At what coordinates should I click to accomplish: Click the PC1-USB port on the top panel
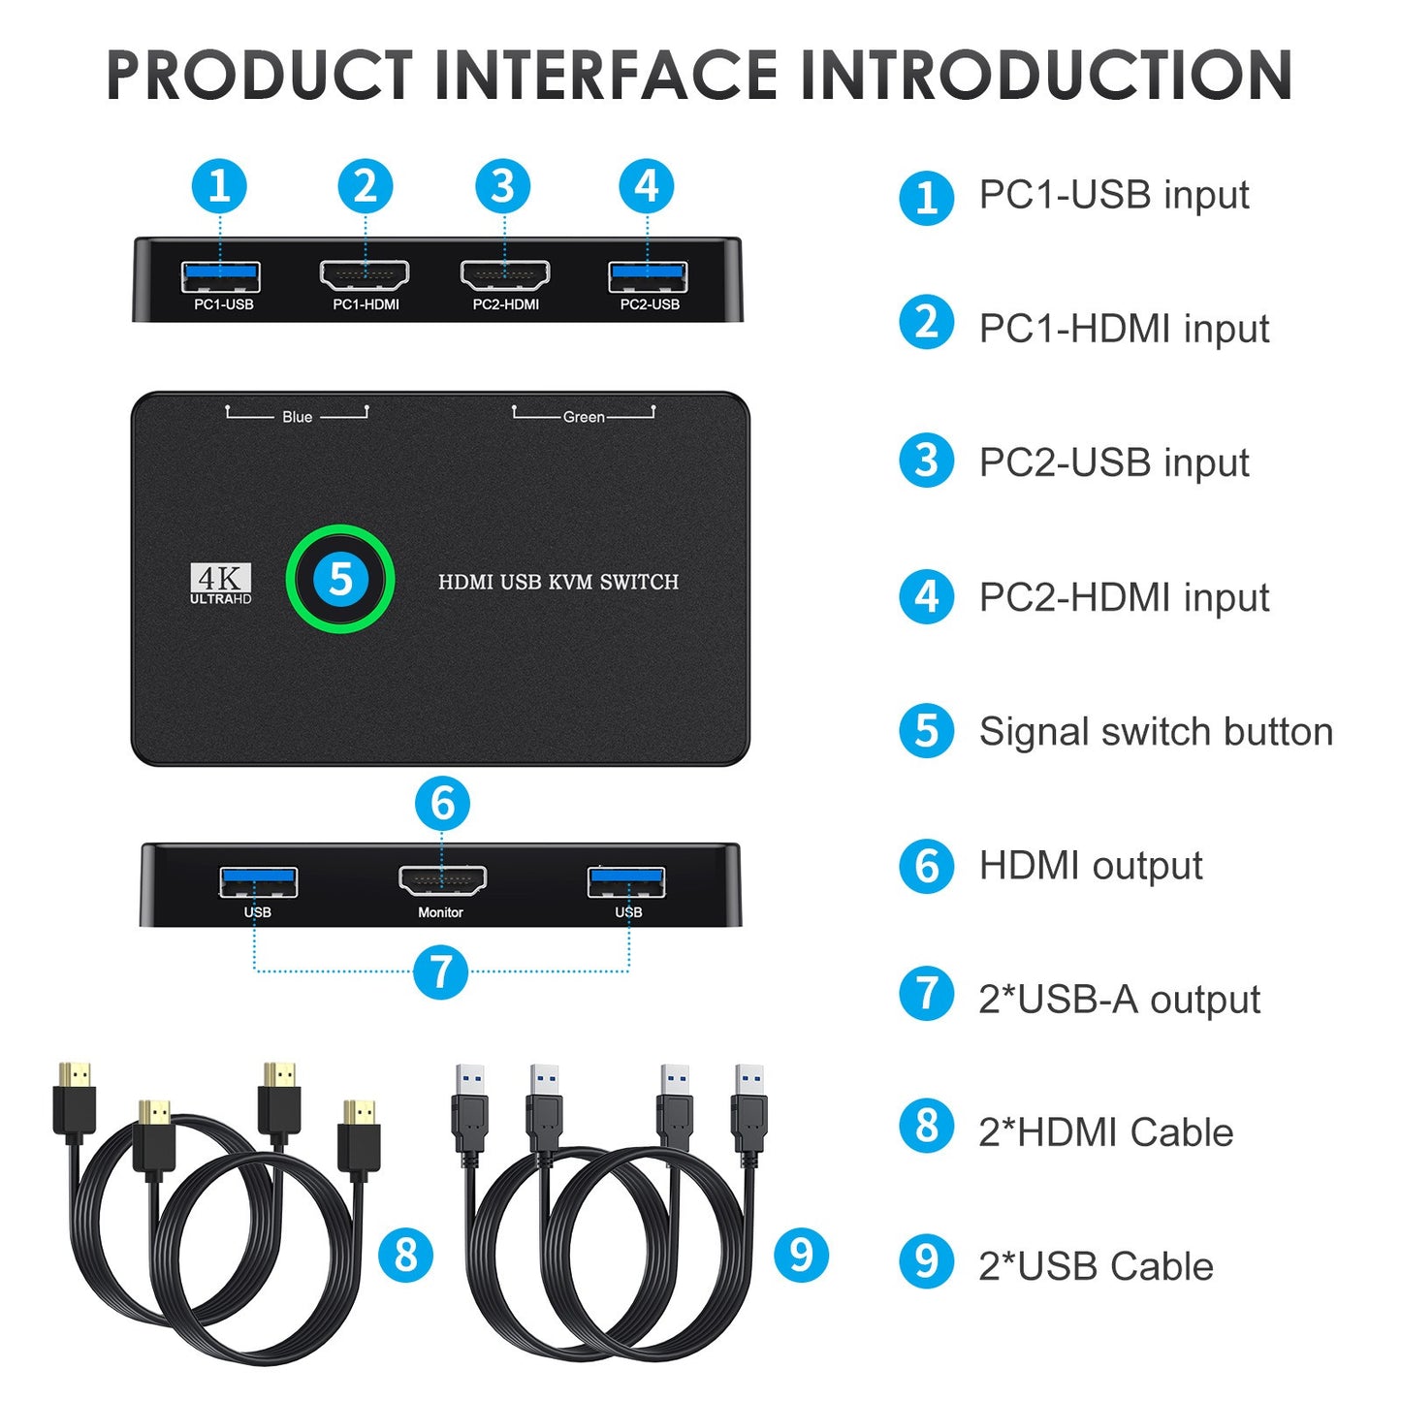pyautogui.click(x=221, y=277)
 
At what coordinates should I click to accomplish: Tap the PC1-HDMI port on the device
pyautogui.click(x=365, y=276)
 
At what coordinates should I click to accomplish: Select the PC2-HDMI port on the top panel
pyautogui.click(x=505, y=276)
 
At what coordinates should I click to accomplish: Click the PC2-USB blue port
pyautogui.click(x=648, y=277)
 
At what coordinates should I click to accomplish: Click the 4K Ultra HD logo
pyautogui.click(x=221, y=584)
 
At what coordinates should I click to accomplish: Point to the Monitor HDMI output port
pyautogui.click(x=442, y=880)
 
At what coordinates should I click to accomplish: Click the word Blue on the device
pyautogui.click(x=297, y=417)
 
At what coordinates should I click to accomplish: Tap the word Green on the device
pyautogui.click(x=584, y=417)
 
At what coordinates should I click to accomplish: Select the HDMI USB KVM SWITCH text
pyautogui.click(x=558, y=582)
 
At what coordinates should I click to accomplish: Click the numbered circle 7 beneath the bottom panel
pyautogui.click(x=441, y=971)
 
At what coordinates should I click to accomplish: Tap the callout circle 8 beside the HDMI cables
pyautogui.click(x=405, y=1255)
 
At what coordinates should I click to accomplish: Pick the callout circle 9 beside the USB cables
pyautogui.click(x=801, y=1255)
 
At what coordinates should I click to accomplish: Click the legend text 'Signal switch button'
pyautogui.click(x=1156, y=732)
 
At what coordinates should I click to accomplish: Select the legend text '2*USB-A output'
pyautogui.click(x=1119, y=1000)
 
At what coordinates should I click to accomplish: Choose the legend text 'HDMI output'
pyautogui.click(x=1091, y=866)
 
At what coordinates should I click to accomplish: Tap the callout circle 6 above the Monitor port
pyautogui.click(x=442, y=803)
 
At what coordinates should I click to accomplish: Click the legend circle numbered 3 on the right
pyautogui.click(x=927, y=461)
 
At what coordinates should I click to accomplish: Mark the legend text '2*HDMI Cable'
pyautogui.click(x=1105, y=1132)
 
